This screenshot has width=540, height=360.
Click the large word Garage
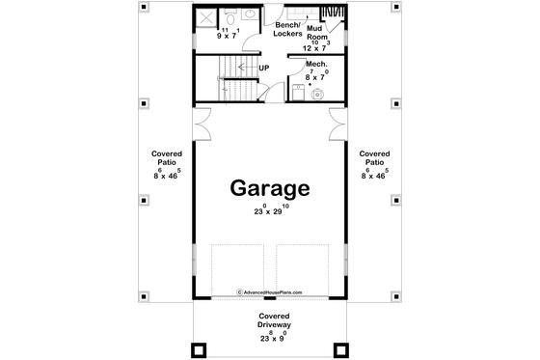(269, 187)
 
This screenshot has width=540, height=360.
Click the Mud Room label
(315, 34)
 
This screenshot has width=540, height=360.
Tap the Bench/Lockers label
(287, 29)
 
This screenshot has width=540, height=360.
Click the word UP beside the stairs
(263, 69)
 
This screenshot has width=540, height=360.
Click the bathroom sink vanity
(229, 14)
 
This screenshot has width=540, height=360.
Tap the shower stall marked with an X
(208, 16)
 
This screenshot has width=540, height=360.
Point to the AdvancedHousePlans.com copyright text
(269, 291)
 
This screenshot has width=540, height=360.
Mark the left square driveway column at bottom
(202, 349)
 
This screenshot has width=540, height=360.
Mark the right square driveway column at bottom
(338, 349)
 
